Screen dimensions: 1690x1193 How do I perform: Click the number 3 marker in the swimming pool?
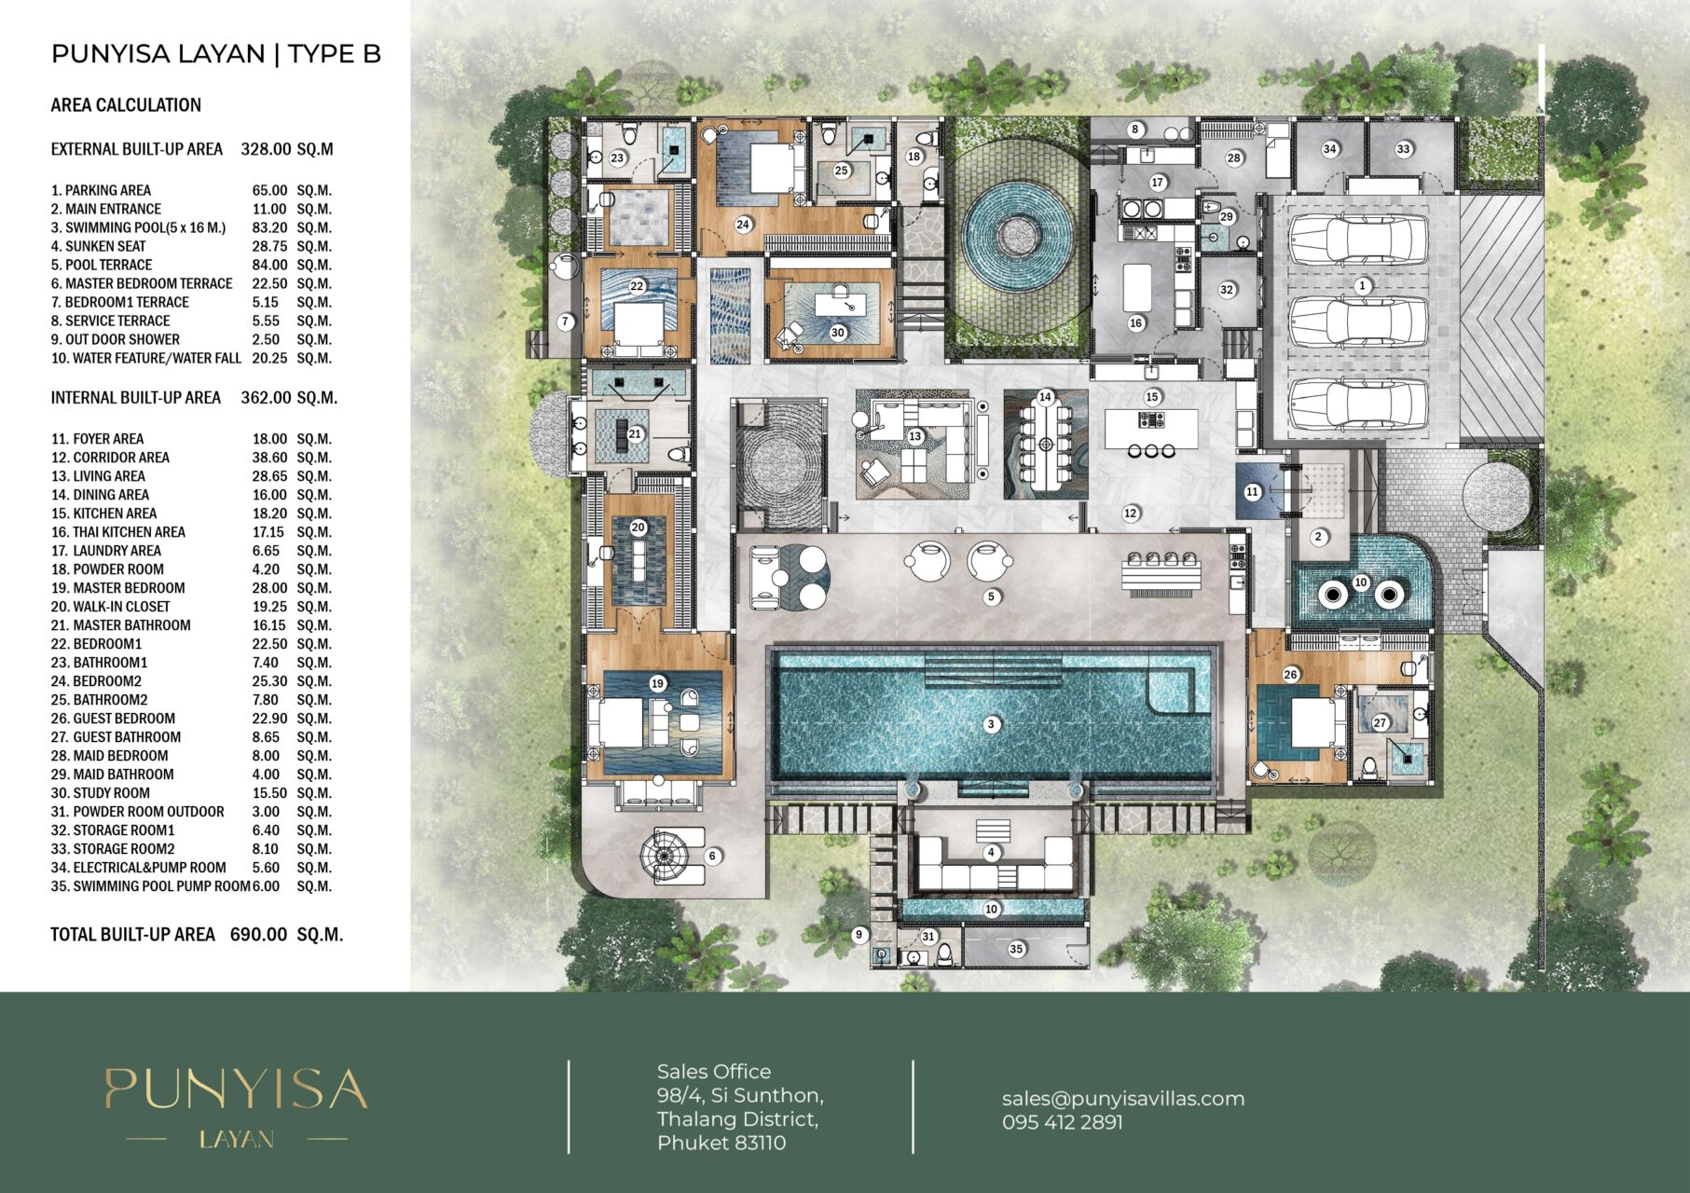991,724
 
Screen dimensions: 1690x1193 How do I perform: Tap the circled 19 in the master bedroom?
657,683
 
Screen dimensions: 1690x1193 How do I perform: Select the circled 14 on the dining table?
1045,397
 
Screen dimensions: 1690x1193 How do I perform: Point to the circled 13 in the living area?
914,436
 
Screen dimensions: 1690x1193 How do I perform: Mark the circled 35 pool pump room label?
1016,949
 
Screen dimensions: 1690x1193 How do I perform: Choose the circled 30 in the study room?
837,333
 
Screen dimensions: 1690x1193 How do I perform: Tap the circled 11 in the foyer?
1252,492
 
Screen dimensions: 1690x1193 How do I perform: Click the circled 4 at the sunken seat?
991,852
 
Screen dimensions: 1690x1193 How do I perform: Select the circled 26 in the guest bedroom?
1290,675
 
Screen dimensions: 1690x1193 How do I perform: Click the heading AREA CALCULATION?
126,105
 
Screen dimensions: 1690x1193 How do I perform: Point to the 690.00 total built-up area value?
258,934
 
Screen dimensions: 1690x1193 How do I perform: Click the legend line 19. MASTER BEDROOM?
117,588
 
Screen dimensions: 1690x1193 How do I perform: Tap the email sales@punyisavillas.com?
1123,1098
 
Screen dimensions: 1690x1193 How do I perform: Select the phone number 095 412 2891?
1063,1122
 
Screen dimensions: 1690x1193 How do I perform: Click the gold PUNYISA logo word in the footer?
236,1089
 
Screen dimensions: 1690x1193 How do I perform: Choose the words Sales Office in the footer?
714,1072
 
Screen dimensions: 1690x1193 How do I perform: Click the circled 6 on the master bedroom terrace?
712,856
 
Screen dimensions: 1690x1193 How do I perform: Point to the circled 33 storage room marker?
1403,149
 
